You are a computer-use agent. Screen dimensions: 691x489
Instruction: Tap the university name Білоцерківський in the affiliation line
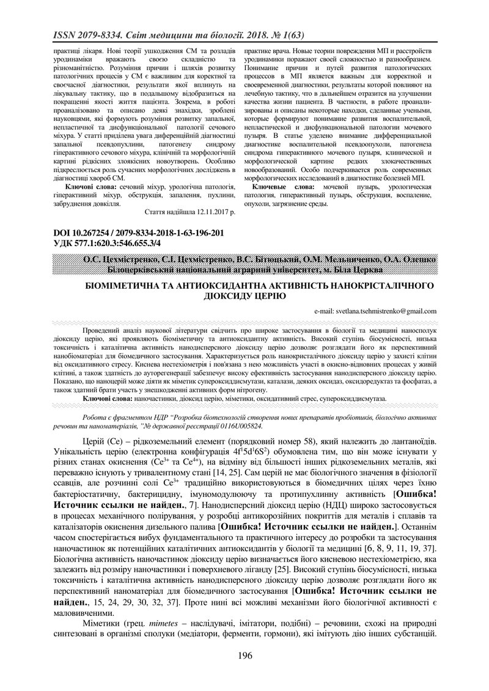[x=146, y=270]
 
